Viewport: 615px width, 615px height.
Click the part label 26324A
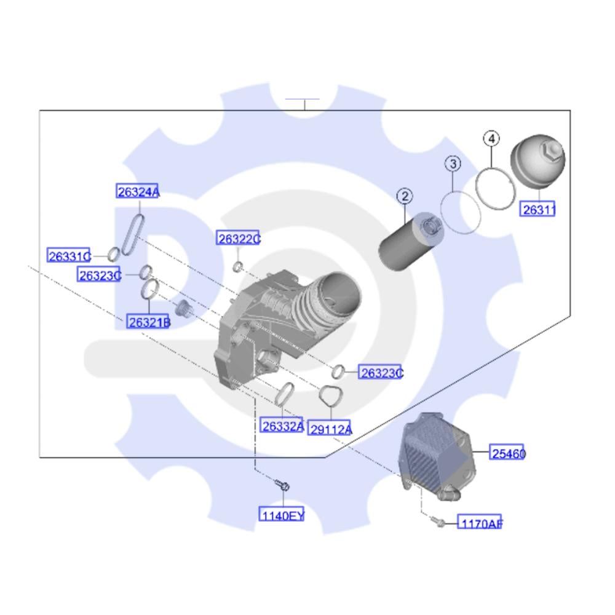tap(138, 191)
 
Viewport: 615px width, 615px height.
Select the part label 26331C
tap(69, 256)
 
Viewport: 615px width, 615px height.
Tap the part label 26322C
tap(238, 238)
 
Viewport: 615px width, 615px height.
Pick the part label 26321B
tap(148, 322)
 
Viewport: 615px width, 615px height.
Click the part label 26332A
tap(282, 426)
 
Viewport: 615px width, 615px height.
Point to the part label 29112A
tap(330, 429)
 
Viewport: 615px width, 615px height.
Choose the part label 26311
tap(538, 209)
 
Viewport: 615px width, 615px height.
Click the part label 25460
tap(507, 453)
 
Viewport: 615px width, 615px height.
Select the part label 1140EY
tap(282, 515)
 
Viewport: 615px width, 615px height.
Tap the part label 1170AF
tap(480, 522)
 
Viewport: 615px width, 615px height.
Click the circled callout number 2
tap(405, 196)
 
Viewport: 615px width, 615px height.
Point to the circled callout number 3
tap(453, 164)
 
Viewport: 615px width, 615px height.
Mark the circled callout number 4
tap(491, 138)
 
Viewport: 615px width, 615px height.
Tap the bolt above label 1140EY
tap(282, 486)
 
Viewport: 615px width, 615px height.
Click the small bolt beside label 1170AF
tap(437, 521)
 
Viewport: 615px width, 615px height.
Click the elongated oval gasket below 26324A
tap(133, 234)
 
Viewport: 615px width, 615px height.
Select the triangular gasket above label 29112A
tap(330, 396)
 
